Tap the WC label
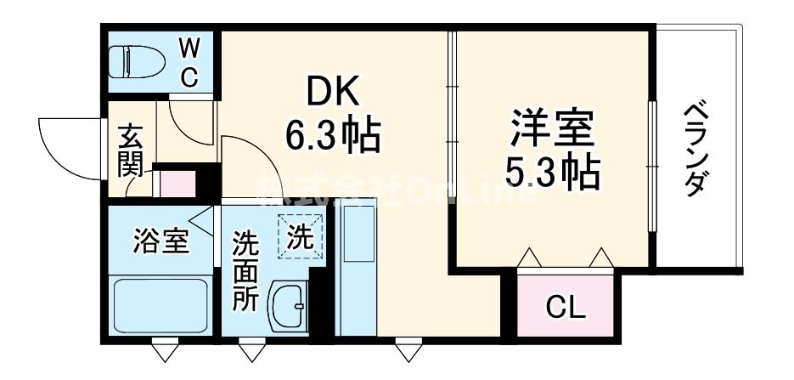(x=189, y=61)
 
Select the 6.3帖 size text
(x=332, y=134)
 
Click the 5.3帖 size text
(x=552, y=174)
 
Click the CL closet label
(x=566, y=307)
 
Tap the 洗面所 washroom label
(x=245, y=270)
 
